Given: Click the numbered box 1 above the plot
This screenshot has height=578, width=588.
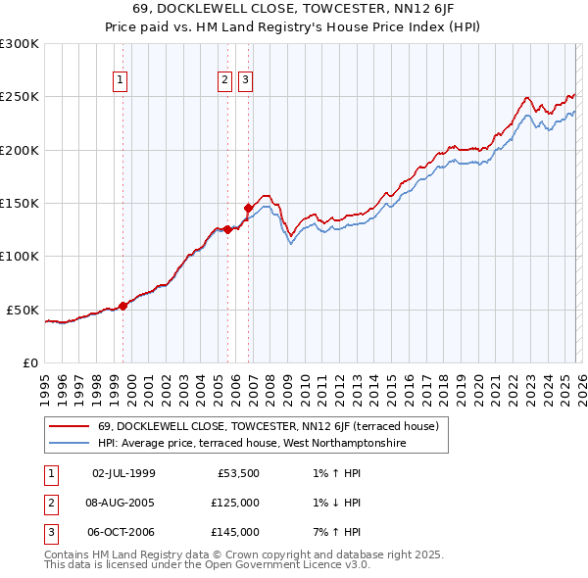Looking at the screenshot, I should pyautogui.click(x=120, y=80).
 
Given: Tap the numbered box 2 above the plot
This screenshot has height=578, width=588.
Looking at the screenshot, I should pyautogui.click(x=224, y=80).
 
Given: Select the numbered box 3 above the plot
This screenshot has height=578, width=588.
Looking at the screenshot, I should pyautogui.click(x=245, y=80).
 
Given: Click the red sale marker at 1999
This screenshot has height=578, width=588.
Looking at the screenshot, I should pyautogui.click(x=122, y=306).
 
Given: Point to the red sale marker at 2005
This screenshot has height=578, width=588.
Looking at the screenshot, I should pyautogui.click(x=227, y=229).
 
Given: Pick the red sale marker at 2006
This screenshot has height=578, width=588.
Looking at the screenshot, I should pyautogui.click(x=248, y=208).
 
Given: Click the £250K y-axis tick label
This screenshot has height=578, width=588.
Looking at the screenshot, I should pyautogui.click(x=20, y=97).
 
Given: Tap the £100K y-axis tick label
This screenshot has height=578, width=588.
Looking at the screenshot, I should pyautogui.click(x=20, y=256).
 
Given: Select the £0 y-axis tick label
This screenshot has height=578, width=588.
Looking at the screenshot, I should pyautogui.click(x=29, y=362).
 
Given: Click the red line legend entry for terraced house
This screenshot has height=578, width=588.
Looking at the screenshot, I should pyautogui.click(x=273, y=426).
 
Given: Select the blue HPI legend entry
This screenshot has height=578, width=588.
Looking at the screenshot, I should pyautogui.click(x=252, y=444).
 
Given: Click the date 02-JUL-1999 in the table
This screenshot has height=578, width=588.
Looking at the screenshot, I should pyautogui.click(x=123, y=473).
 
